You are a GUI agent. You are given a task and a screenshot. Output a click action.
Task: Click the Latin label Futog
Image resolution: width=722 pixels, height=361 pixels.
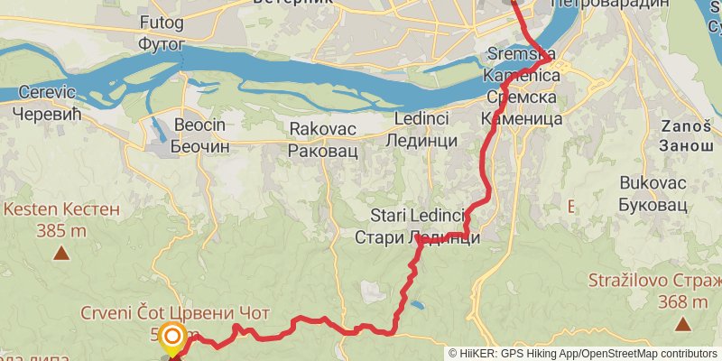163,20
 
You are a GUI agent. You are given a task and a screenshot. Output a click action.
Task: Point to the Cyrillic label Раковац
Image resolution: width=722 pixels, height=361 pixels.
322,150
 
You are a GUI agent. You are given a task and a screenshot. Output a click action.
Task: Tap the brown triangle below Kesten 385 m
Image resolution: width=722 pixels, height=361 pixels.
61,253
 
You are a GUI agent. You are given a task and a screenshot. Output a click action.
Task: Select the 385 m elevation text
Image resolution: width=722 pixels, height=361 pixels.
61,230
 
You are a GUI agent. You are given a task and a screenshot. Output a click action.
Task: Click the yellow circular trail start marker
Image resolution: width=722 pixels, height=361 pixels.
171,338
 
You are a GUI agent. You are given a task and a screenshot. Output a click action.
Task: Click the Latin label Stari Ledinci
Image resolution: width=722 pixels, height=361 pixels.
417,216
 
